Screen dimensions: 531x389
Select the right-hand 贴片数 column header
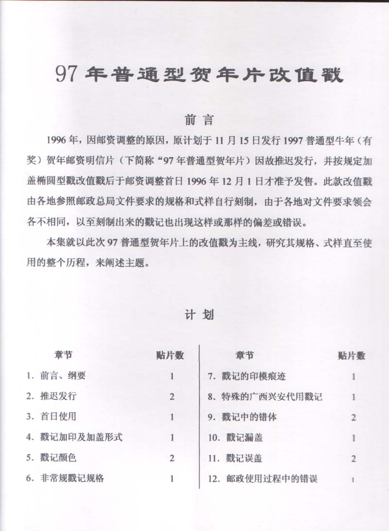coord(351,356)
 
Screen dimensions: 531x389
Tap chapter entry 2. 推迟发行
coord(51,396)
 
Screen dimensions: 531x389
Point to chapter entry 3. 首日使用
coord(51,416)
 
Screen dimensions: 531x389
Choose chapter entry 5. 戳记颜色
coord(51,458)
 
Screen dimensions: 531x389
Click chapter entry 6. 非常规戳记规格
coord(65,478)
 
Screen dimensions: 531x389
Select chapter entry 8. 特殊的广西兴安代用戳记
coord(265,396)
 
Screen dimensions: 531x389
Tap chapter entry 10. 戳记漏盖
coord(235,437)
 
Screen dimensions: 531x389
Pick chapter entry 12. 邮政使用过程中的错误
coord(262,479)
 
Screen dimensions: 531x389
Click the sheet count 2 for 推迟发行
coord(172,396)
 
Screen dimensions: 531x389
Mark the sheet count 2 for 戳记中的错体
coord(354,417)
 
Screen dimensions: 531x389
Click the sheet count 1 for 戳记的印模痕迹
coord(354,377)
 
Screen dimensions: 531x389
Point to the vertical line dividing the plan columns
coord(200,418)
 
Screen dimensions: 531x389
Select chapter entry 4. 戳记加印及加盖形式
coord(74,437)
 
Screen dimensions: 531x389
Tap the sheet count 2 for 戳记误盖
coord(354,458)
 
